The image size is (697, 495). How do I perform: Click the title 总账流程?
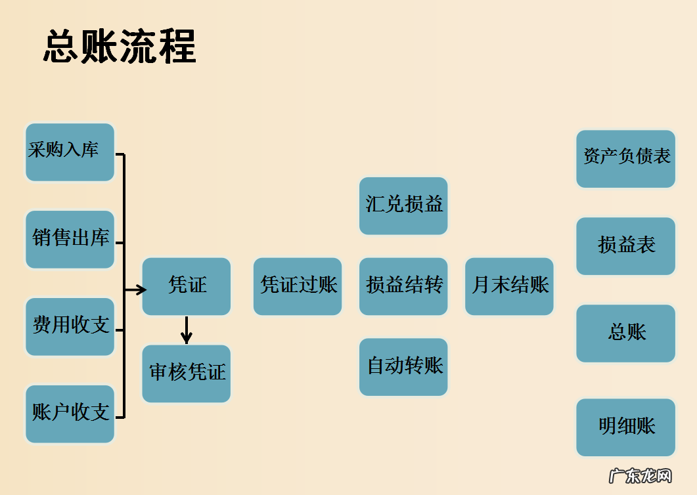point(120,46)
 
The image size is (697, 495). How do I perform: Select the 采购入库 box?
point(70,152)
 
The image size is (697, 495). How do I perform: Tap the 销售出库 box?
point(70,239)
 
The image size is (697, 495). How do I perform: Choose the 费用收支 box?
point(70,326)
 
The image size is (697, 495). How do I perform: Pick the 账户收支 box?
point(70,414)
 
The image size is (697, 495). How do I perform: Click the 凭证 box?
point(187,286)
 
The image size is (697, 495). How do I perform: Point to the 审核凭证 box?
point(187,373)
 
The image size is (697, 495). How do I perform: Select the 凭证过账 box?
point(298,286)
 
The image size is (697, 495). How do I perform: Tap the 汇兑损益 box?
point(403,205)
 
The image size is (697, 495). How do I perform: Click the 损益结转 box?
point(403,286)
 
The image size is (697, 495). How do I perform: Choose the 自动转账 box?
point(403,366)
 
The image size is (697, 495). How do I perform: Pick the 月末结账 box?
point(509,286)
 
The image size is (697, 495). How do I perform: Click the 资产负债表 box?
point(625,158)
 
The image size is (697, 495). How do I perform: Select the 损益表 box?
point(625,246)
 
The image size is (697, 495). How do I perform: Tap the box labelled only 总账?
point(625,333)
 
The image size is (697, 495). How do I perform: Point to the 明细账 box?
point(625,427)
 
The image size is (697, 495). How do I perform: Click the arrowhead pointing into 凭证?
point(141,290)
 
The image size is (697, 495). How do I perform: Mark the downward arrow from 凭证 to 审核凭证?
point(187,330)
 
